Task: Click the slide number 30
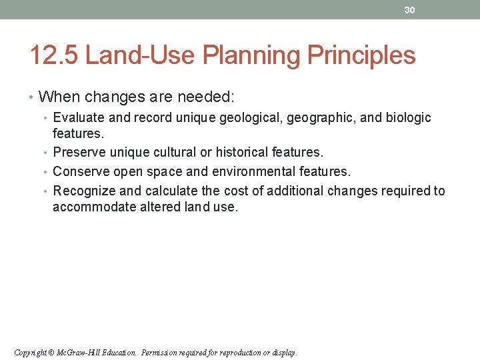(409, 9)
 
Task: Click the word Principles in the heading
(361, 55)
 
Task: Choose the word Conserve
(81, 172)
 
